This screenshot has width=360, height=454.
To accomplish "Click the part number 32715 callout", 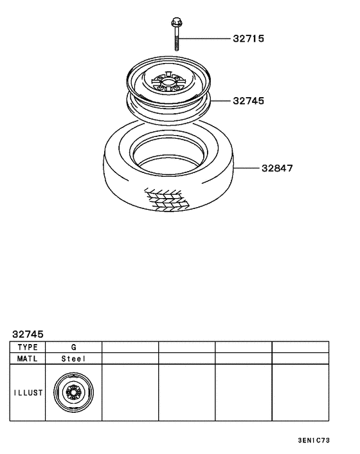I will click(x=248, y=39).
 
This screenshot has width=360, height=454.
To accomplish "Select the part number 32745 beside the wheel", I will click(x=248, y=101).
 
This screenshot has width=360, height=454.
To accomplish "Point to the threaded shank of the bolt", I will click(x=175, y=41).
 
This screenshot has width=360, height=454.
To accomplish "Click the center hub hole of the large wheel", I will click(x=168, y=83).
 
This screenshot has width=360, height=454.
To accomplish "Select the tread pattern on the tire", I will click(x=166, y=199).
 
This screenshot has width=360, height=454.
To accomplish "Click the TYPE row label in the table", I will click(x=27, y=347).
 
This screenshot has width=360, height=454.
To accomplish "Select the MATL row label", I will click(x=27, y=359).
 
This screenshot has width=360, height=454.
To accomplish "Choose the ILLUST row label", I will click(x=27, y=393).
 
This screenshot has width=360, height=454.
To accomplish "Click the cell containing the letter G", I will click(x=73, y=347).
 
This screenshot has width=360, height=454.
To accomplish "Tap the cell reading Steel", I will click(x=73, y=359).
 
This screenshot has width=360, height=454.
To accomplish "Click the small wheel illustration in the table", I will click(x=73, y=393).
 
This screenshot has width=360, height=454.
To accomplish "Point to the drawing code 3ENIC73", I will click(x=314, y=441).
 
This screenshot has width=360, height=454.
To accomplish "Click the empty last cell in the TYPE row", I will click(x=300, y=347).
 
